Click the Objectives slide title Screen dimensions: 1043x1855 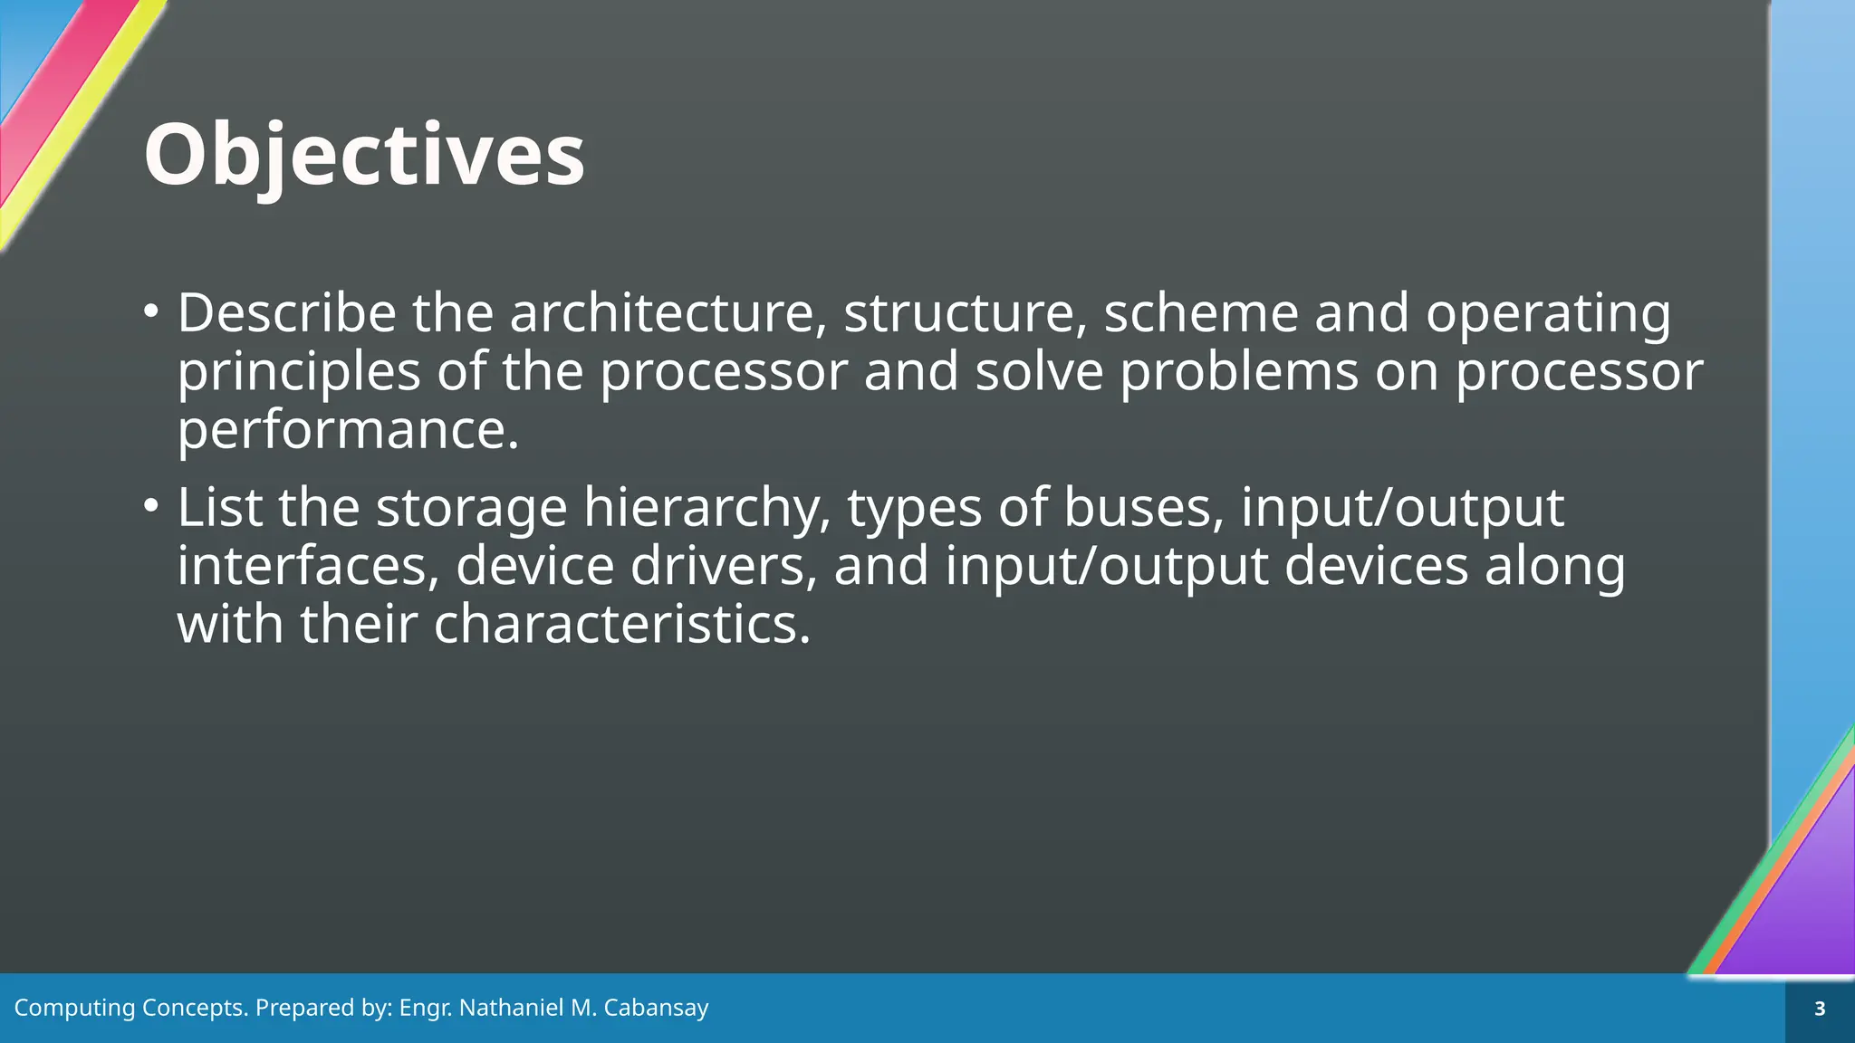tap(364, 156)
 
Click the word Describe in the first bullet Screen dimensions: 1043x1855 tap(286, 313)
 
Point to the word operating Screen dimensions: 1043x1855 tap(1548, 315)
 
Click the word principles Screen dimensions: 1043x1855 tap(299, 373)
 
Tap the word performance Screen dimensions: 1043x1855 tap(348, 431)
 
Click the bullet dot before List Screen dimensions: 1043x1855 tap(151, 506)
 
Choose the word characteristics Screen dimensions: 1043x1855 tap(621, 625)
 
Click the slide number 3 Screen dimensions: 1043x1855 tap(1820, 1009)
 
